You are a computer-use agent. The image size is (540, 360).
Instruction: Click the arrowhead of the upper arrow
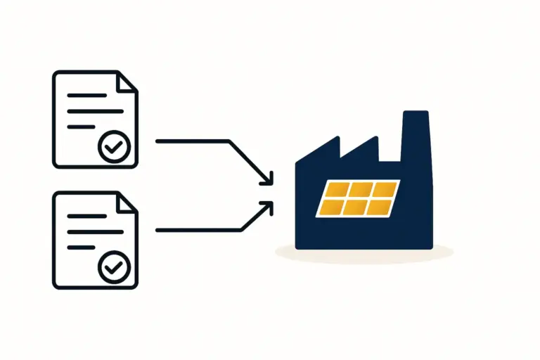pos(267,181)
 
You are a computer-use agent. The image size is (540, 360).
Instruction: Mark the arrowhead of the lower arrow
pos(267,205)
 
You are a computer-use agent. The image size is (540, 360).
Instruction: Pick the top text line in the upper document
pos(82,94)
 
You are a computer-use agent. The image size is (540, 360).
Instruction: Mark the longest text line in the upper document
pos(91,110)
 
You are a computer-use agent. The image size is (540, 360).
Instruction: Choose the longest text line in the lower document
pos(91,231)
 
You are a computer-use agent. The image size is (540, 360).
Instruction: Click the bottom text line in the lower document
pos(80,247)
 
